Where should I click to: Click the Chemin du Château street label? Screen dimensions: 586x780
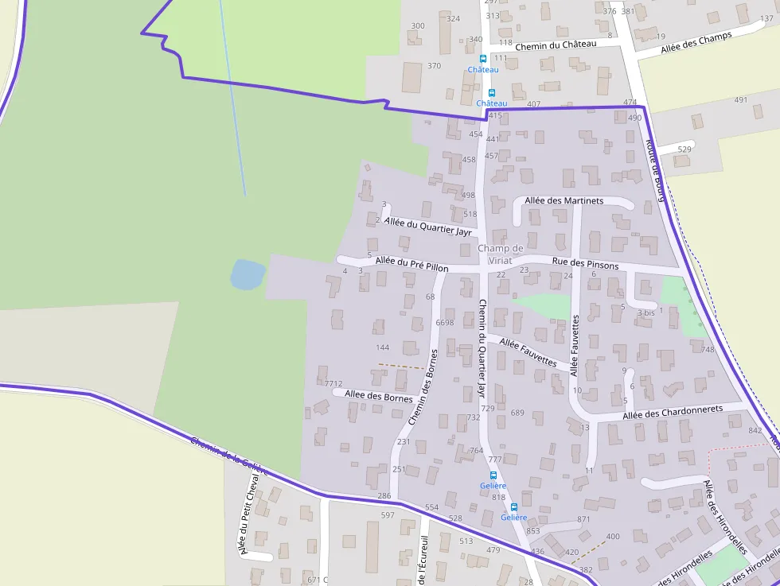tap(555, 45)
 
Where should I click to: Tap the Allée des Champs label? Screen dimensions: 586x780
tap(696, 44)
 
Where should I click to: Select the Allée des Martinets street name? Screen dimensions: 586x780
tap(564, 200)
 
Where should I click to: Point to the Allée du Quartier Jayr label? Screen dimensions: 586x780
tap(427, 227)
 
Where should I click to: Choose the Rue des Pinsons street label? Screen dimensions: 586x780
tap(585, 265)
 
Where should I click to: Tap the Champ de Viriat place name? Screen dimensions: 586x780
tap(501, 254)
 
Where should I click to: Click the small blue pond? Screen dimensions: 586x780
tap(247, 275)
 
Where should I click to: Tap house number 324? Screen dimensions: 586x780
tap(453, 18)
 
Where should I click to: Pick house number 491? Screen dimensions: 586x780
tap(741, 100)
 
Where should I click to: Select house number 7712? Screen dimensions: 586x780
tap(333, 384)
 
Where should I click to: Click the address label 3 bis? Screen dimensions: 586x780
tap(645, 313)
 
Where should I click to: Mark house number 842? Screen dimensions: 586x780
tap(755, 430)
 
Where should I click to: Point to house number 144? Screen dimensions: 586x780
tap(383, 347)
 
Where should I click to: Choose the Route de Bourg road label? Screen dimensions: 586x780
tap(655, 171)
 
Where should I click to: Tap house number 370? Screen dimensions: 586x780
tap(434, 66)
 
